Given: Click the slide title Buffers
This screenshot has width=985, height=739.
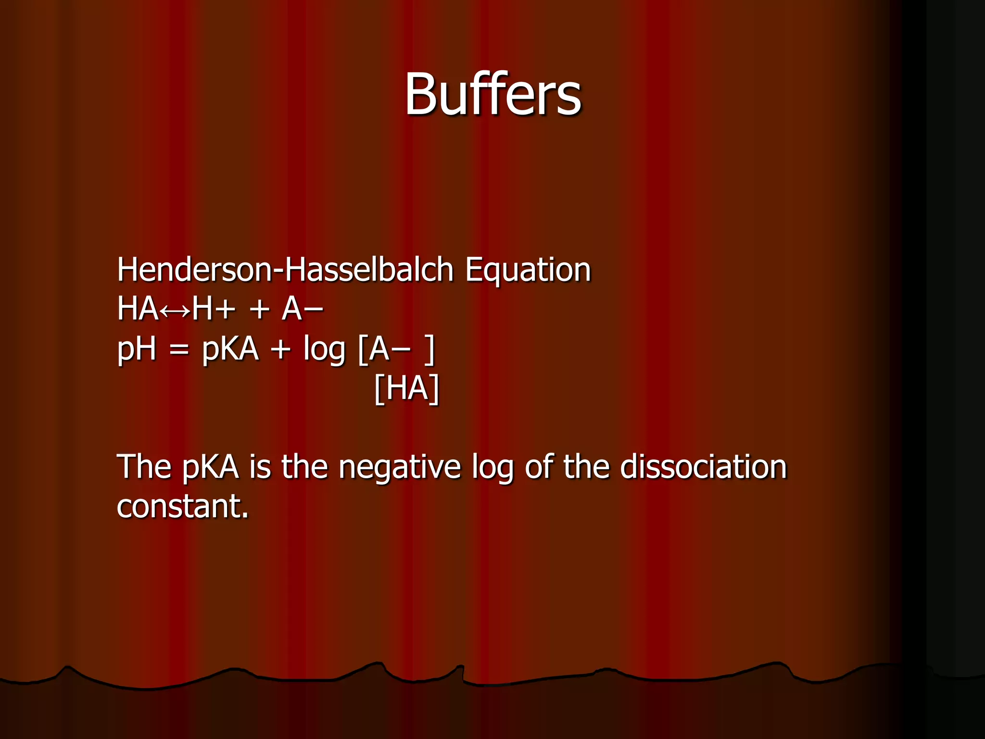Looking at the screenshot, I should point(492,94).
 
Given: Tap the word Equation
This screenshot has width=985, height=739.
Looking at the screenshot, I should point(528,269).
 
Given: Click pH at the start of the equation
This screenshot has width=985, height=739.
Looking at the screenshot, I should point(137,349).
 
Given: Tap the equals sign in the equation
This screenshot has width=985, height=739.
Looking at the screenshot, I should point(179,350).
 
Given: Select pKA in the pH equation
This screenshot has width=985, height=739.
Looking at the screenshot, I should point(230,349).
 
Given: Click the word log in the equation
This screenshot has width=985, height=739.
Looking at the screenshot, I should point(324,350).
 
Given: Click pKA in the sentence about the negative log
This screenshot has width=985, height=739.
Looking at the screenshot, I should point(211,468).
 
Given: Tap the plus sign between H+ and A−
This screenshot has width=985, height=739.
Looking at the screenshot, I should point(260,310).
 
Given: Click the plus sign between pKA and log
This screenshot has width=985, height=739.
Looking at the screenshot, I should point(281,350).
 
